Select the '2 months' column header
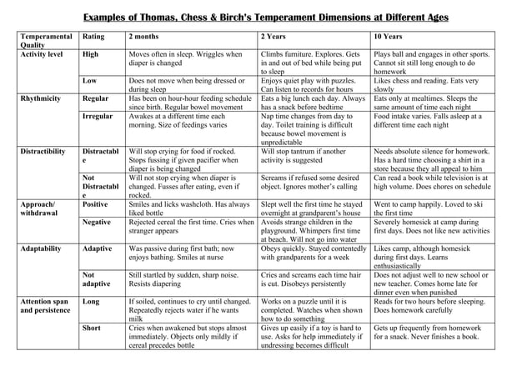point(143,37)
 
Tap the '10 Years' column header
point(389,37)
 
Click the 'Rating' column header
point(93,37)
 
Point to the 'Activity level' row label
point(42,54)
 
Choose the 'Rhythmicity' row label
point(40,98)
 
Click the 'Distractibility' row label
point(43,152)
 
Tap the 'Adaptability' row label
point(43,248)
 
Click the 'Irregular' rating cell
point(98,116)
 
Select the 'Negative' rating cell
point(97,223)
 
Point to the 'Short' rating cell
point(92,328)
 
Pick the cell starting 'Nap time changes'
point(313,129)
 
